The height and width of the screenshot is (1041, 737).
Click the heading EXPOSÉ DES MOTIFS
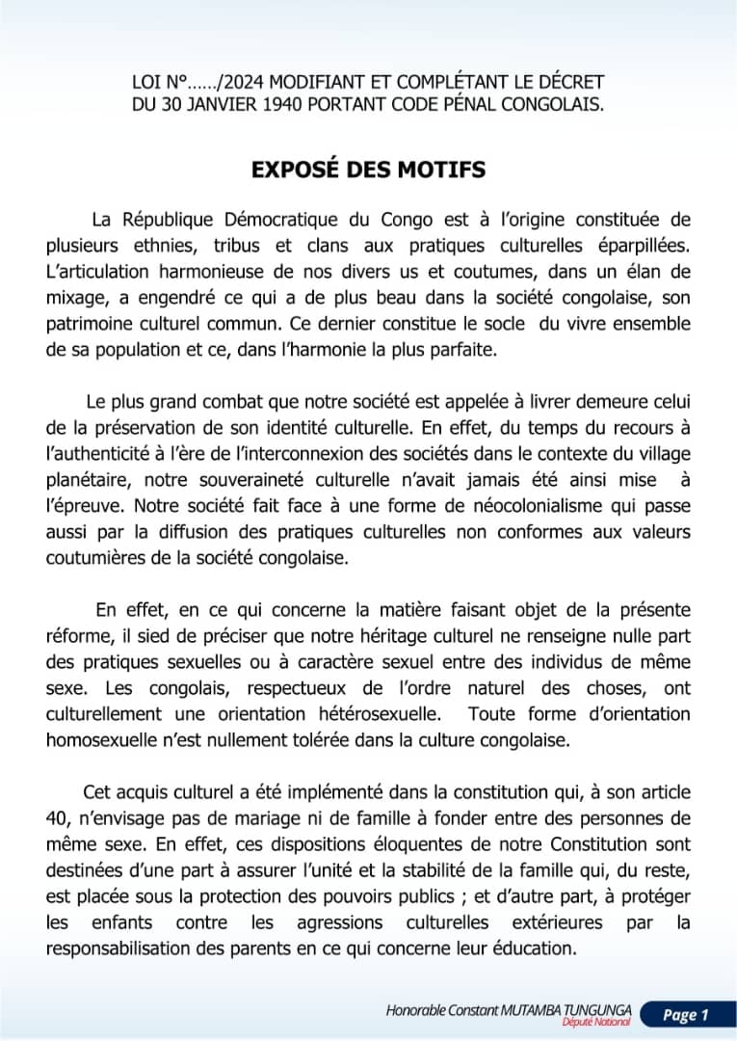[368, 170]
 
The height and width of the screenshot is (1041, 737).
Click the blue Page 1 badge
[685, 1014]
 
